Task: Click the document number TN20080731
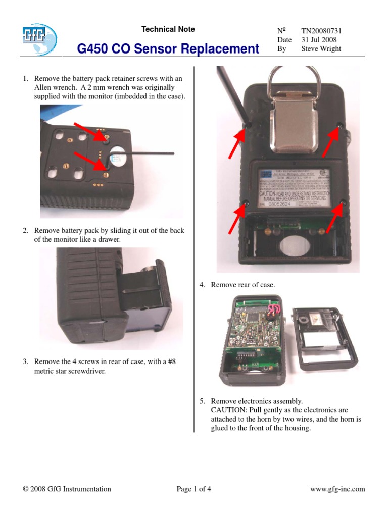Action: pyautogui.click(x=322, y=30)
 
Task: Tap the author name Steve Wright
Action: pyautogui.click(x=321, y=49)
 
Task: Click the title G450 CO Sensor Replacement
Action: pyautogui.click(x=168, y=49)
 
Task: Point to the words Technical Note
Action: pyautogui.click(x=168, y=29)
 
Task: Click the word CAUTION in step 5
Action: pyautogui.click(x=229, y=410)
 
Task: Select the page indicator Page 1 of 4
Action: pyautogui.click(x=194, y=489)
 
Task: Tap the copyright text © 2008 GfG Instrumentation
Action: pyautogui.click(x=67, y=489)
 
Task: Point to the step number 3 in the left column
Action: pyautogui.click(x=25, y=361)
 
